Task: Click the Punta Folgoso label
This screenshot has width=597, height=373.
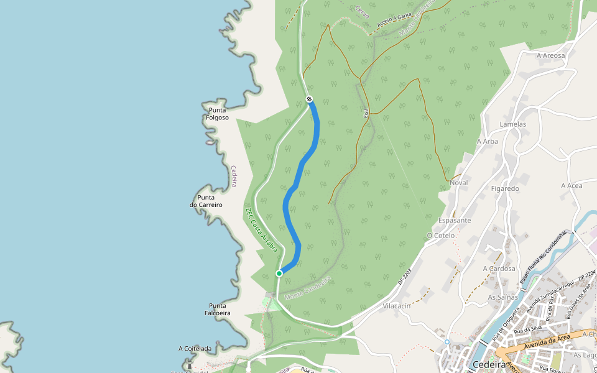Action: tap(217, 114)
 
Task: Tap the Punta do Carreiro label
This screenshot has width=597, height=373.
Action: tap(206, 201)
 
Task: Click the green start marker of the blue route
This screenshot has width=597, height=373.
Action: tap(279, 273)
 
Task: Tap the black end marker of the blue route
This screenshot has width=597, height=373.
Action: tap(309, 99)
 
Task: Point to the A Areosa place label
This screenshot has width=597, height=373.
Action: tap(551, 55)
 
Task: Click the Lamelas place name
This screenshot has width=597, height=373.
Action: tap(513, 124)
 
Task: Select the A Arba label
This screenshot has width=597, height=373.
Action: tap(488, 141)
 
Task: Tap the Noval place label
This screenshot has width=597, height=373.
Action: tap(458, 183)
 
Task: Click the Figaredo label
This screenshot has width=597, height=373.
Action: tap(504, 188)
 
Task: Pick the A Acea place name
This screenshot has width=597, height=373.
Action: tap(572, 185)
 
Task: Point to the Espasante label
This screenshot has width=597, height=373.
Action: tap(455, 221)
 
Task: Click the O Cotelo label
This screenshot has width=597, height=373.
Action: tap(441, 236)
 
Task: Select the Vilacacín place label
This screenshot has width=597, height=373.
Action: tap(397, 306)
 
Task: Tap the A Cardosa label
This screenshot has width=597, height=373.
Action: tap(499, 269)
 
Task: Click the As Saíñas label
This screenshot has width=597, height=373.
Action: tap(502, 297)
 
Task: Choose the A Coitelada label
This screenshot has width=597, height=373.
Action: tap(195, 349)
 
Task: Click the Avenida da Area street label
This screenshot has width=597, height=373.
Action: tap(547, 338)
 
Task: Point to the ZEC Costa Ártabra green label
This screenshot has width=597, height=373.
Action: tap(260, 229)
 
